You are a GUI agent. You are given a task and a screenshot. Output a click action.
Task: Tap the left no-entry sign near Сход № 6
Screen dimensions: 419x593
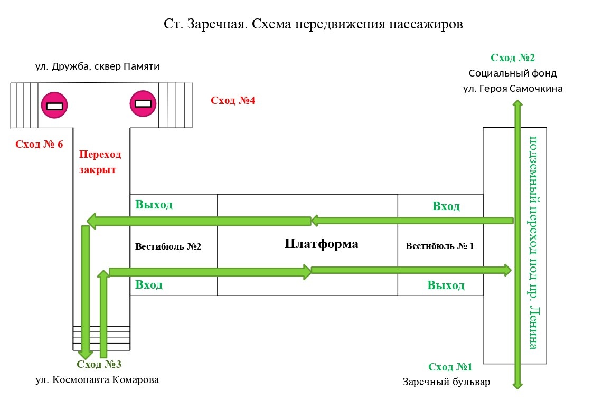[54, 106]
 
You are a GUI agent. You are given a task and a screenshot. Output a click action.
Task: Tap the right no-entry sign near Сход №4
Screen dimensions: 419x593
[143, 103]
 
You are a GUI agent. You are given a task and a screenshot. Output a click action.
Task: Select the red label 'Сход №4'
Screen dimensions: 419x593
[233, 100]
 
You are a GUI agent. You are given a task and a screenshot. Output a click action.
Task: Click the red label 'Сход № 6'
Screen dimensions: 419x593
[40, 144]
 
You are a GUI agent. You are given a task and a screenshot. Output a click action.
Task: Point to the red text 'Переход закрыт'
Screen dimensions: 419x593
[100, 162]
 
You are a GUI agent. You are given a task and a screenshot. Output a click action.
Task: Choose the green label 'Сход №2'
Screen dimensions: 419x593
[513, 58]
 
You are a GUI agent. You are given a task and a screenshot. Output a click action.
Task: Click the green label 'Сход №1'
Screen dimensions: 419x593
[450, 367]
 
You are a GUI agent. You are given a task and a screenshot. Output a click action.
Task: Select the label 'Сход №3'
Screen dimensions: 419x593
[99, 364]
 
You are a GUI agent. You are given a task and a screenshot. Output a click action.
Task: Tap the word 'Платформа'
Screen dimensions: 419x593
[321, 244]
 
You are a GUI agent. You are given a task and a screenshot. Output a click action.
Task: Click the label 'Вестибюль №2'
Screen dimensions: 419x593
[168, 246]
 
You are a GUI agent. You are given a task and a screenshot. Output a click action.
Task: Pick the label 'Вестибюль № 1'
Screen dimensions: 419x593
[440, 246]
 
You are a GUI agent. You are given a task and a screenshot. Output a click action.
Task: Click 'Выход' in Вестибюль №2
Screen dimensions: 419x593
[154, 205]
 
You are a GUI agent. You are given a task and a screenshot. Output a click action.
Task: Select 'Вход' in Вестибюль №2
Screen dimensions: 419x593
[149, 285]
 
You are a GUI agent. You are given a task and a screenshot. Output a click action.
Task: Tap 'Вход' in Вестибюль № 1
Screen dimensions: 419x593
[446, 206]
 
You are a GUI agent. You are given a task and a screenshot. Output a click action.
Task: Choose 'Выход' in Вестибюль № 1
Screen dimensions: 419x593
[446, 285]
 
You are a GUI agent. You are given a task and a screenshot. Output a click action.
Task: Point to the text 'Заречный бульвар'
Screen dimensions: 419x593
[446, 382]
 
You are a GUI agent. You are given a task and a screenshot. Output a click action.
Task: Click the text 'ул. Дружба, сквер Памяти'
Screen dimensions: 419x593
[97, 66]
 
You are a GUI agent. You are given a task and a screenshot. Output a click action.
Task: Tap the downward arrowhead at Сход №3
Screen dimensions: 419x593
[84, 354]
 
